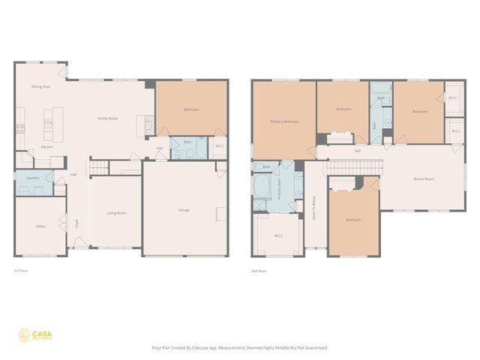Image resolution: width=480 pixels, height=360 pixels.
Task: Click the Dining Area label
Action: pos(40,87)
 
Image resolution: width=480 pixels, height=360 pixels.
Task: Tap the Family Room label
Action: pos(107,118)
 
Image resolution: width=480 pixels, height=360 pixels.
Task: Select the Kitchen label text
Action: pos(46,147)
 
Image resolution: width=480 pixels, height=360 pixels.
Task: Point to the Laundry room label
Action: pos(31,178)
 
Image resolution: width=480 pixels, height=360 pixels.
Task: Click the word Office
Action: pos(40,226)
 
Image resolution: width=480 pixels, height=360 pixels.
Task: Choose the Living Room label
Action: pos(115,213)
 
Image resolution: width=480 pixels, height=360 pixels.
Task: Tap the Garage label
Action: pos(184,210)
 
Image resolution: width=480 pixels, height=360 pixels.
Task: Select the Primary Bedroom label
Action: pos(284,121)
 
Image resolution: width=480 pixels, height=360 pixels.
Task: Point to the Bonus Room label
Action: pos(424,178)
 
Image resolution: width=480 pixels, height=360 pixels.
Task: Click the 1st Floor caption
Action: pos(21,270)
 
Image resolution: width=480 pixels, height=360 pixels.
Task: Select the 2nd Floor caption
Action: pos(259,270)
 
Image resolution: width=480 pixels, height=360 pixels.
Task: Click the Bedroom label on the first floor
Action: pos(191,109)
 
